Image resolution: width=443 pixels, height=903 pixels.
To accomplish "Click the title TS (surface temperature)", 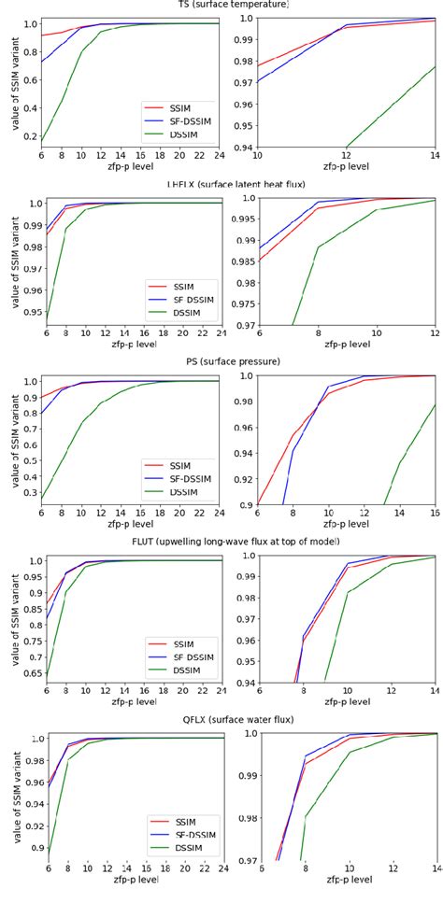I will (x=221, y=6).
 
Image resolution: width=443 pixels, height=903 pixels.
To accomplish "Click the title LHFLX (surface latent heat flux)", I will (x=221, y=185).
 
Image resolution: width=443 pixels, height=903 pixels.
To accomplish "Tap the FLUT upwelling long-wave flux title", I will (x=221, y=543).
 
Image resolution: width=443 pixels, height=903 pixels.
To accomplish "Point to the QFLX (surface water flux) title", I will (x=221, y=721).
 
